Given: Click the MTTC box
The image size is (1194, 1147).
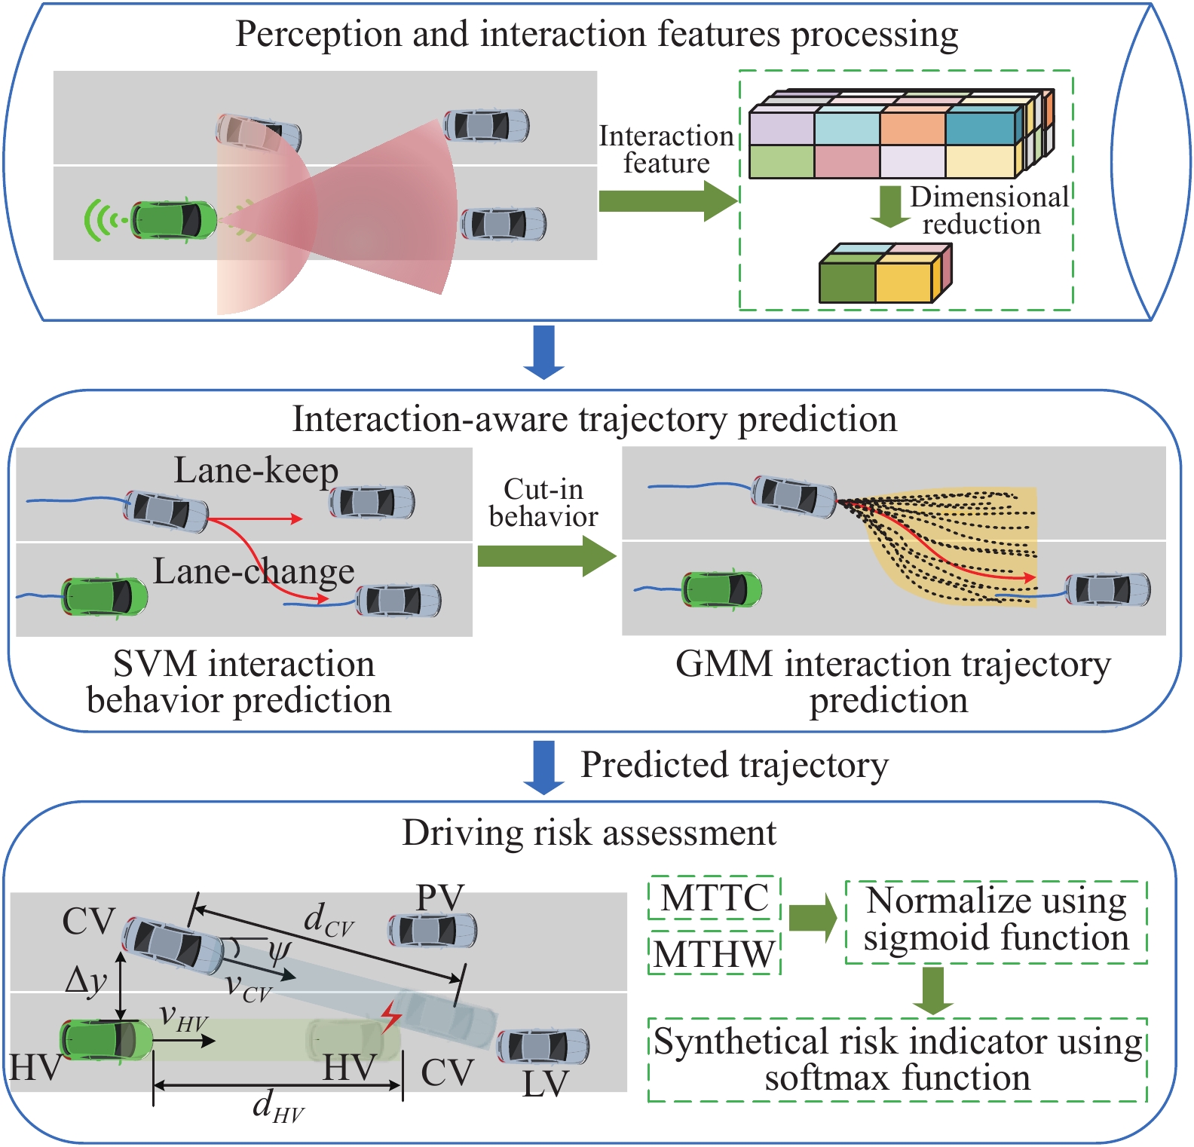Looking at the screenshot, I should click(714, 898).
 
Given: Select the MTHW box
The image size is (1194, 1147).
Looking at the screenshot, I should click(714, 954).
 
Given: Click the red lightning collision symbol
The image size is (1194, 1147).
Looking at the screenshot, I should click(390, 1017).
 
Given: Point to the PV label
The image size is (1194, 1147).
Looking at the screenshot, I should click(440, 898).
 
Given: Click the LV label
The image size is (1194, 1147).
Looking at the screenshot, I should click(545, 1084).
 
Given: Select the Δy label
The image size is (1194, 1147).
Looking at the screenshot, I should click(86, 980).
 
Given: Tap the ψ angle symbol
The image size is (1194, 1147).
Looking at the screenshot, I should click(279, 951).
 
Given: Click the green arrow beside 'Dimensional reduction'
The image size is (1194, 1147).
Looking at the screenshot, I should click(890, 206).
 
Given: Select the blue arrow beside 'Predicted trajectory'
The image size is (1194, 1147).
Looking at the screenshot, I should click(543, 767).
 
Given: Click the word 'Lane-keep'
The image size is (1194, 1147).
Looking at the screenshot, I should click(256, 470).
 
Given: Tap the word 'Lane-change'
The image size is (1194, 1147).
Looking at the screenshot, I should click(253, 571).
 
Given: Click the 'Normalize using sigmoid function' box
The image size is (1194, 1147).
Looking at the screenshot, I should click(996, 920).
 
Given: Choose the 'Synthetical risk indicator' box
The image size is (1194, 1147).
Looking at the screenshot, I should click(897, 1060).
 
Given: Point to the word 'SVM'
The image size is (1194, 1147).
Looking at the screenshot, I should click(155, 665).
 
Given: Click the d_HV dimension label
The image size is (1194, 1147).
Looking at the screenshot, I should click(277, 1107).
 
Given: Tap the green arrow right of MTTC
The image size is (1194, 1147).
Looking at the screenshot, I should click(813, 918).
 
